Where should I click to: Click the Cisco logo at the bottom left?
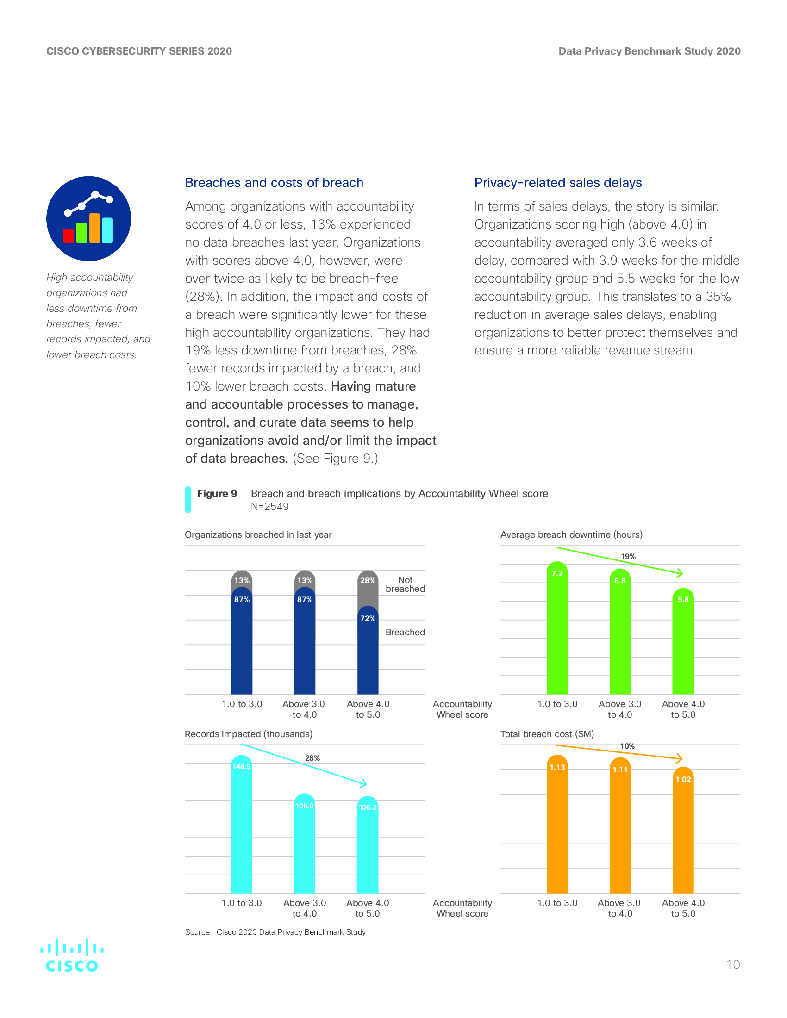[x=72, y=955]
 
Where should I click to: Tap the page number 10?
[x=733, y=965]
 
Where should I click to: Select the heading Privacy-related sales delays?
[x=558, y=183]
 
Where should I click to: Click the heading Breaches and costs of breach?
[x=274, y=183]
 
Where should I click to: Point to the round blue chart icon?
[x=88, y=218]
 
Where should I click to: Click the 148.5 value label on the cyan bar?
[x=242, y=767]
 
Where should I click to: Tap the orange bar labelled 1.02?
[x=683, y=834]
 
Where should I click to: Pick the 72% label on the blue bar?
[x=368, y=619]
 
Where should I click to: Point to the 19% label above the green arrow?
[x=628, y=557]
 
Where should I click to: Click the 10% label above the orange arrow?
[x=627, y=746]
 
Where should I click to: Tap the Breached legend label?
[x=405, y=633]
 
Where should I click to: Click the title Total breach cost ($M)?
[x=547, y=734]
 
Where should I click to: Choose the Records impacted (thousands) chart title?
[x=249, y=734]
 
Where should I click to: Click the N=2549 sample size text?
[x=269, y=507]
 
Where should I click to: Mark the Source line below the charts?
[x=275, y=932]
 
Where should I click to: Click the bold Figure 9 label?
[x=217, y=494]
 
